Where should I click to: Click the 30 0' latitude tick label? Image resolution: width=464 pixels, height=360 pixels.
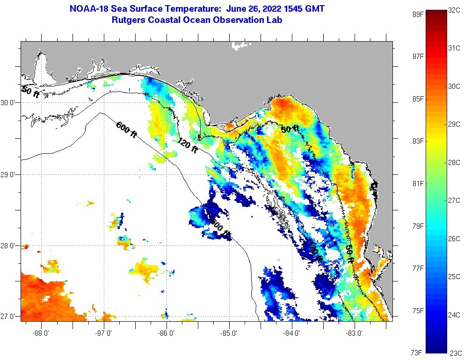[x=9, y=103]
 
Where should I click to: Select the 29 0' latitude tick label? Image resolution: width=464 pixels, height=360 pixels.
[x=9, y=174]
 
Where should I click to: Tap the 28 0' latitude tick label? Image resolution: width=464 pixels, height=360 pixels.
[x=9, y=245]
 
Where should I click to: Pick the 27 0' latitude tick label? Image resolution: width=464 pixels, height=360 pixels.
[x=9, y=317]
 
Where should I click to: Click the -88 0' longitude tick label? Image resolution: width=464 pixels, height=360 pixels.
[x=41, y=333]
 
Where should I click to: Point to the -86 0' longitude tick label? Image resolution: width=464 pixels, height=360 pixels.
[x=167, y=333]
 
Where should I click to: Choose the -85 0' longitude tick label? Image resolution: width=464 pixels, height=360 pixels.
[x=229, y=333]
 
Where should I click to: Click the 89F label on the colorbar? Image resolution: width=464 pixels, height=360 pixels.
[x=418, y=14]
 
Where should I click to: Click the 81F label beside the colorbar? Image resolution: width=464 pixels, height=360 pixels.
[x=418, y=184]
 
